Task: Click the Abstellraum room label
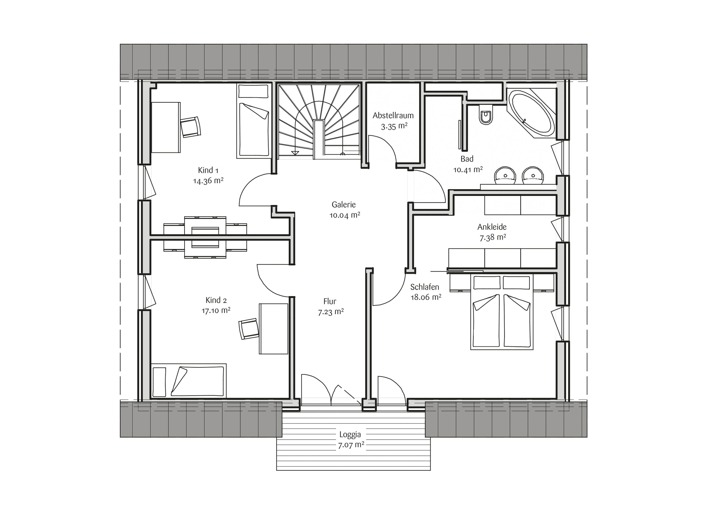393,115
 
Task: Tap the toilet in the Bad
486,115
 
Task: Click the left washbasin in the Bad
505,175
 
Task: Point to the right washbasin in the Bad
533,175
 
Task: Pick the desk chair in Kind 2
249,329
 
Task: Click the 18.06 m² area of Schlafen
426,297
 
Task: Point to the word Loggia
350,435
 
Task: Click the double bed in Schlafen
502,312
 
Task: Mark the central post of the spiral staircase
319,139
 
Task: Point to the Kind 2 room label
216,300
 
